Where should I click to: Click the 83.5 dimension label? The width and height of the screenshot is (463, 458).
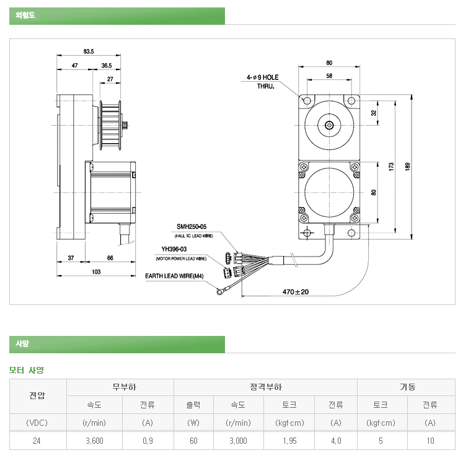[x=88, y=51]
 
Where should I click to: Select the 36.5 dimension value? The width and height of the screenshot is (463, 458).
[x=107, y=65]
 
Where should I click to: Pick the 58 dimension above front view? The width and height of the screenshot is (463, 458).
[x=329, y=76]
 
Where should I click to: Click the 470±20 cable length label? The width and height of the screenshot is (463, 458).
[x=296, y=291]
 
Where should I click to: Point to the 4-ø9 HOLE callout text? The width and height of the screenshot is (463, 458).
[x=263, y=77]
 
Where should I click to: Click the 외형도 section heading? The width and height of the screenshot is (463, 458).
[x=24, y=16]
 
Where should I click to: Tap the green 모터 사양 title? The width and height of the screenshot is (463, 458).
[x=27, y=371]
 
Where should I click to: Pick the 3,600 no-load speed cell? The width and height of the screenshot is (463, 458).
[x=95, y=441]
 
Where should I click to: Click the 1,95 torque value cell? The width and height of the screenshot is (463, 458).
[x=289, y=441]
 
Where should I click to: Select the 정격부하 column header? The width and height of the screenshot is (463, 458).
[x=266, y=387]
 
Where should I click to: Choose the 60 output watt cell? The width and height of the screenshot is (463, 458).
[x=193, y=441]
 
